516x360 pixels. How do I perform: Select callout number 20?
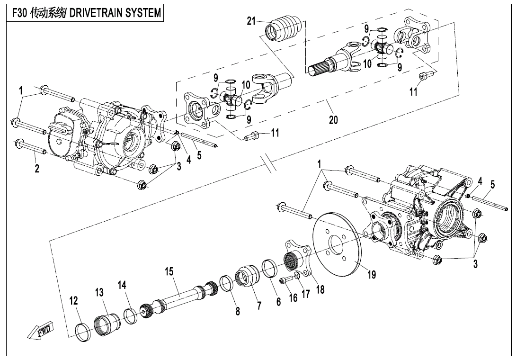[x=333, y=120]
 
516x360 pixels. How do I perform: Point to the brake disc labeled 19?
[x=337, y=246]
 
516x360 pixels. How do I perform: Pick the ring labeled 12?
[x=84, y=328]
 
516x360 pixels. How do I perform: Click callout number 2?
[x=36, y=169]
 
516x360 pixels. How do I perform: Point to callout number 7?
[x=259, y=306]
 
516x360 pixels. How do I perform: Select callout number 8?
[x=238, y=311]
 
